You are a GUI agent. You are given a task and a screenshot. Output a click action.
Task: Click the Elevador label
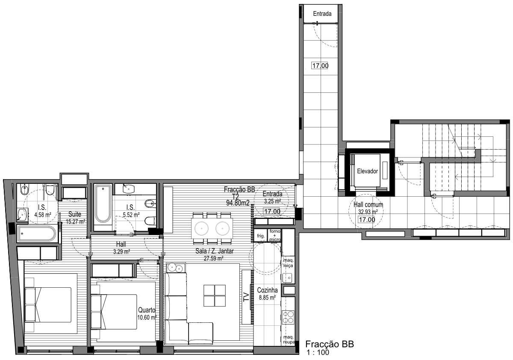pos(367,171)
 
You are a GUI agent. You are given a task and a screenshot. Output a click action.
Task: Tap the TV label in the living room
pos(246,297)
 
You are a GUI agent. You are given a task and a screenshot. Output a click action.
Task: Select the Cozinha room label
pos(267,290)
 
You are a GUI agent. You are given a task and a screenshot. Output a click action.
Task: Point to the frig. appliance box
pos(261,236)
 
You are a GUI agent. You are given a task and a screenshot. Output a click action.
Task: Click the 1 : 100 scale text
pos(318,352)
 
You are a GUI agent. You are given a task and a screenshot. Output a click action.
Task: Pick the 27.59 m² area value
pos(214,259)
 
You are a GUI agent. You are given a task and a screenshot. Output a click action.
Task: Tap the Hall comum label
pos(368,204)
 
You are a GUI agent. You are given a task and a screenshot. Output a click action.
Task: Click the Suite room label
pos(75,214)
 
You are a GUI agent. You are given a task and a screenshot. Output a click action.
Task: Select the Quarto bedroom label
pos(147,310)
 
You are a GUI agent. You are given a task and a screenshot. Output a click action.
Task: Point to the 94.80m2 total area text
pos(238,203)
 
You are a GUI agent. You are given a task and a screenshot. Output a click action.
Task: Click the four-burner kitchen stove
pos(288,317)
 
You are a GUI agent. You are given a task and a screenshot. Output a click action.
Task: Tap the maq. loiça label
pos(288,263)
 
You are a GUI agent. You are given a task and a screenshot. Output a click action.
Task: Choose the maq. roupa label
pos(289,340)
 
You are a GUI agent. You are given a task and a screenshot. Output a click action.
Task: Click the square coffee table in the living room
pos(215,295)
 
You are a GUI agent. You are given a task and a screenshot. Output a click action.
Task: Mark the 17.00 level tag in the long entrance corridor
pos(320,66)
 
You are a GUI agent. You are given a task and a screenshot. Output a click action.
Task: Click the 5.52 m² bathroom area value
pos(131,215)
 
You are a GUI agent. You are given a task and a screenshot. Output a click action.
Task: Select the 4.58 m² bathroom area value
pos(43,215)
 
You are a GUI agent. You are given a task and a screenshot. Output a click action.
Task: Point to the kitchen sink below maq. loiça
pos(288,278)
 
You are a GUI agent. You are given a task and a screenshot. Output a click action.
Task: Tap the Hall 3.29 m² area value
pos(121,252)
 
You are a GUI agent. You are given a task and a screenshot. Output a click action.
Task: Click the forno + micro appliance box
pos(274,236)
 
